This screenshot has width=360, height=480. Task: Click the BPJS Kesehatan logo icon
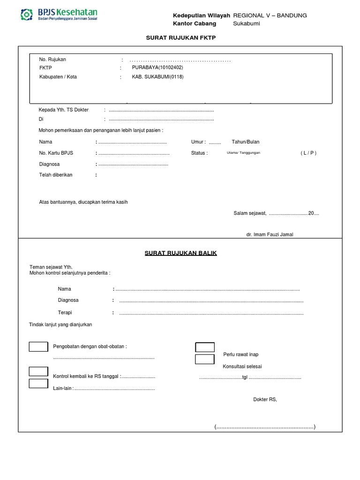click(x=27, y=14)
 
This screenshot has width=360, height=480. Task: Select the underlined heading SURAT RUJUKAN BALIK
click(x=180, y=253)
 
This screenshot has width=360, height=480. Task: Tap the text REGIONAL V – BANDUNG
click(x=270, y=15)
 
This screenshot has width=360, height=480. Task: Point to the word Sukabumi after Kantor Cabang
click(x=247, y=24)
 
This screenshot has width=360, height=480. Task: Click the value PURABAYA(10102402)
click(x=157, y=67)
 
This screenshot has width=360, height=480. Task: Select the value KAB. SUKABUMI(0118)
click(x=157, y=77)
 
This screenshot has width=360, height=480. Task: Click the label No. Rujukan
click(x=52, y=60)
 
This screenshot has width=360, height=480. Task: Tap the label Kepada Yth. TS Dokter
click(x=63, y=110)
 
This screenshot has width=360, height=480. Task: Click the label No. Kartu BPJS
click(x=56, y=153)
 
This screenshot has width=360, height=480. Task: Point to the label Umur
click(x=198, y=142)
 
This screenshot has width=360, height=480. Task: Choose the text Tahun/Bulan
click(x=245, y=142)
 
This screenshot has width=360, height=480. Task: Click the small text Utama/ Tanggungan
click(x=243, y=153)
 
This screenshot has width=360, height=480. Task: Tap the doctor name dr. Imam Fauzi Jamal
click(x=270, y=234)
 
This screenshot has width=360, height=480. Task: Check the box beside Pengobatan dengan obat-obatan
click(x=38, y=347)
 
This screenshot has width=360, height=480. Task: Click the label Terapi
click(x=65, y=313)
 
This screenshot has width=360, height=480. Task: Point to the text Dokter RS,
click(x=265, y=399)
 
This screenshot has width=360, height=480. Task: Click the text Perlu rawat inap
click(x=241, y=354)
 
